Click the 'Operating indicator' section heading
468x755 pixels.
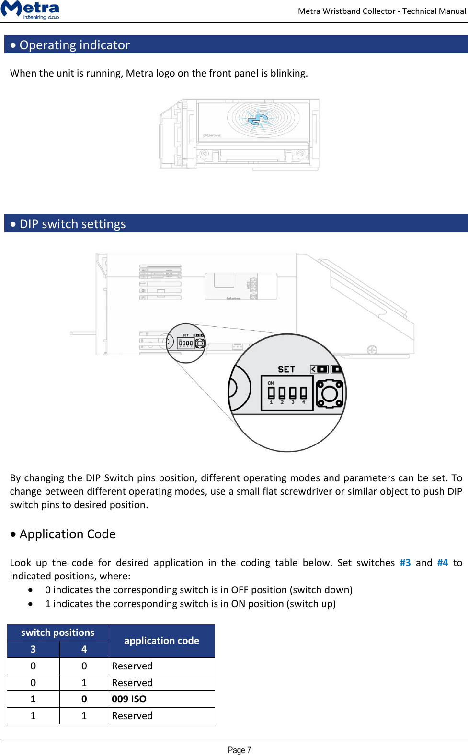click(x=74, y=45)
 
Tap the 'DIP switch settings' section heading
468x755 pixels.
click(x=72, y=224)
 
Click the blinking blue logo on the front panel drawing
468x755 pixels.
click(x=261, y=119)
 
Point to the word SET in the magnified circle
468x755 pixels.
click(x=286, y=369)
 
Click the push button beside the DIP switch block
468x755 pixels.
click(x=330, y=393)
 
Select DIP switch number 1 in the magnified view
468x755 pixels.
click(x=271, y=393)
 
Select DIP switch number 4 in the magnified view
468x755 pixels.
click(x=303, y=393)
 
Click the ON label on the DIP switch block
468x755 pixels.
click(x=271, y=383)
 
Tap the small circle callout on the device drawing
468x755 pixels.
click(x=186, y=343)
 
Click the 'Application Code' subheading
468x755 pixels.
click(x=67, y=534)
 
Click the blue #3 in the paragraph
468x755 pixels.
click(x=405, y=563)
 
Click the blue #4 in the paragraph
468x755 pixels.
click(x=443, y=563)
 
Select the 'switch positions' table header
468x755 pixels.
click(x=57, y=633)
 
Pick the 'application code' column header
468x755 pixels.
click(x=161, y=641)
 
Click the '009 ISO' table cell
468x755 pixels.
click(x=129, y=699)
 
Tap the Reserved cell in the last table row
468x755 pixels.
click(x=133, y=716)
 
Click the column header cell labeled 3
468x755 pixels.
click(x=33, y=649)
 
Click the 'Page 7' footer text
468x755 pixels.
click(x=239, y=750)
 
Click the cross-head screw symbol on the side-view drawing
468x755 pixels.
click(x=372, y=350)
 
